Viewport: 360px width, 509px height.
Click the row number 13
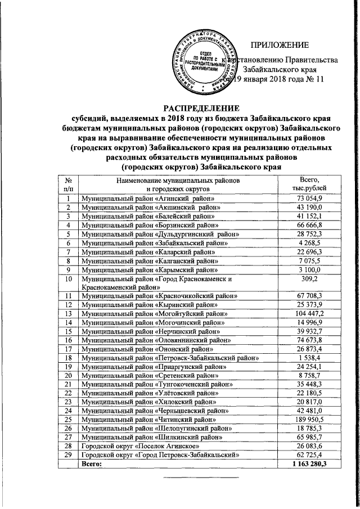(69, 313)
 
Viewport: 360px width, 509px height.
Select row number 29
(69, 455)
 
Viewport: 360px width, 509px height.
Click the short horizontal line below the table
(200, 478)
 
